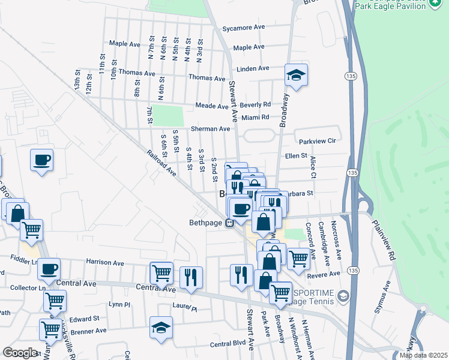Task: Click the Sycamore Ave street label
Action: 243,28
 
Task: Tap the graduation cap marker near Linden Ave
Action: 296,75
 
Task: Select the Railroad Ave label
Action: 161,163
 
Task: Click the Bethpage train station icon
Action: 229,223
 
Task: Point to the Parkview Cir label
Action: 316,140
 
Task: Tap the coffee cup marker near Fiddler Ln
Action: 49,268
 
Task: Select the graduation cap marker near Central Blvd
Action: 161,328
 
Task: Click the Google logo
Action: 20,352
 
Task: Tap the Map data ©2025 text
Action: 423,355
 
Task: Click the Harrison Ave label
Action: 104,262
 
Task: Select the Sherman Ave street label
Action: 210,129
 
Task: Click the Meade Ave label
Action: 212,106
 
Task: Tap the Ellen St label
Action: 296,155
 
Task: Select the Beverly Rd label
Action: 256,104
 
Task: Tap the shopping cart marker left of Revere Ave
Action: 298,258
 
